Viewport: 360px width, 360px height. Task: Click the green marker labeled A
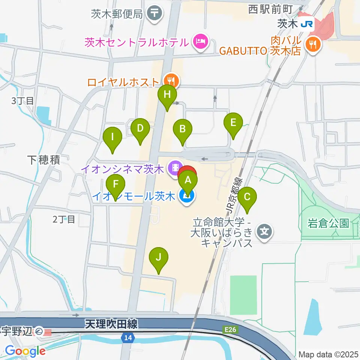coord(188,181)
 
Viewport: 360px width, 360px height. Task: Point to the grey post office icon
coord(154,14)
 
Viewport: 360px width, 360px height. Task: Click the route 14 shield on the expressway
coord(128,338)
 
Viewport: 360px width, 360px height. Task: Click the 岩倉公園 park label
coord(328,223)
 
